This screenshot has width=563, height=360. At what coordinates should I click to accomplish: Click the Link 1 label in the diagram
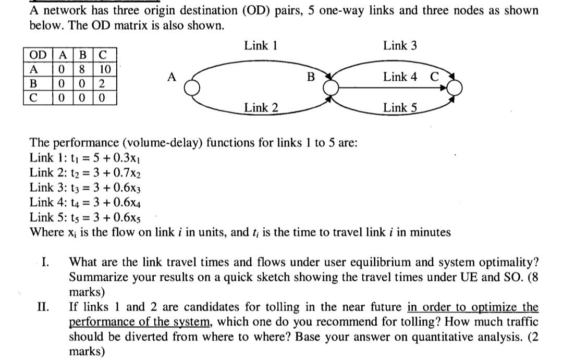pyautogui.click(x=260, y=46)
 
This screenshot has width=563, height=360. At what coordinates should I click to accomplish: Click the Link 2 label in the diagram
pyautogui.click(x=261, y=108)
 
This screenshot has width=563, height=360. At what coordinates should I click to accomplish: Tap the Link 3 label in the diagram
pyautogui.click(x=400, y=46)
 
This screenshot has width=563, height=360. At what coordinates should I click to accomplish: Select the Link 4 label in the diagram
pyautogui.click(x=400, y=77)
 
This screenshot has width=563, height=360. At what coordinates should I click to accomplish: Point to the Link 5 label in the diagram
pyautogui.click(x=400, y=108)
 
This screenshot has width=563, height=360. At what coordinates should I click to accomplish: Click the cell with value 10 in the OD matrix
pyautogui.click(x=104, y=69)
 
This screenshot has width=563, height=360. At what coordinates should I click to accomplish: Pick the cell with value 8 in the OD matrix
pyautogui.click(x=82, y=69)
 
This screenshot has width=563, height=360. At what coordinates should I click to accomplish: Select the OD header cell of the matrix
pyautogui.click(x=37, y=55)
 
